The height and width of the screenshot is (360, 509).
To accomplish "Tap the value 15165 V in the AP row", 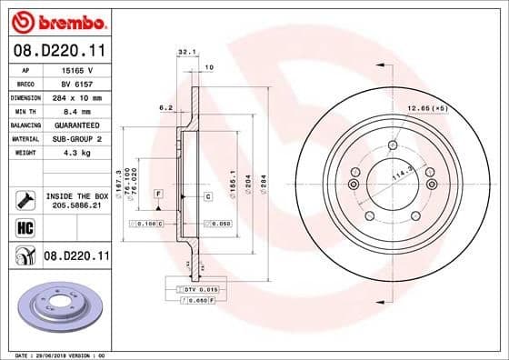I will [85, 69].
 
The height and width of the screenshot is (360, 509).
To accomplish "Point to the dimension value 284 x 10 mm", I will [86, 96].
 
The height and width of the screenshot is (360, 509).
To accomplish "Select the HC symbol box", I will [25, 225].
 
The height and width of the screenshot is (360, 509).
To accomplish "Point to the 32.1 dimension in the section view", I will [186, 53].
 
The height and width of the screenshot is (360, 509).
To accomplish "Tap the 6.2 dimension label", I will [165, 107].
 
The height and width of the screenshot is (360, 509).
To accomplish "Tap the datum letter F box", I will [158, 195].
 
